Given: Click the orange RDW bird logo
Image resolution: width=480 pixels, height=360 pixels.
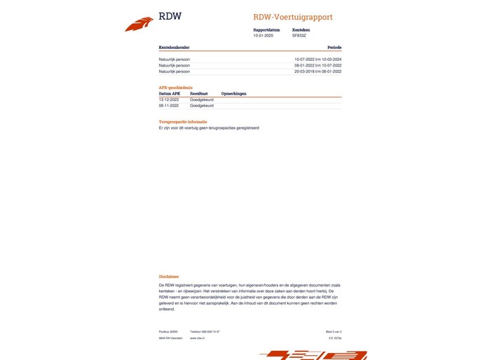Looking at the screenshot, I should tap(139, 25).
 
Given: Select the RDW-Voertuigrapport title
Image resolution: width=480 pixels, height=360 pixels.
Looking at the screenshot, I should tap(293, 17).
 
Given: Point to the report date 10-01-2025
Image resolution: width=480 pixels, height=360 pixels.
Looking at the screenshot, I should tap(263, 35).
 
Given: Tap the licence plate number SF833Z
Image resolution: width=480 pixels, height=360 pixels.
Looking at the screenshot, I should tap(299, 35).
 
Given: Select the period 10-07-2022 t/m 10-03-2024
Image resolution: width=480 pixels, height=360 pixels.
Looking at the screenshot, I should tap(317, 60).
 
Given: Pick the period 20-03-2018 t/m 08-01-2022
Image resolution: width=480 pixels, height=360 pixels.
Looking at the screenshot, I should tap(317, 71).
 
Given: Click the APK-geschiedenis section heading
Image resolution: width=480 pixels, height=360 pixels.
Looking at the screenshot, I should tap(176, 88).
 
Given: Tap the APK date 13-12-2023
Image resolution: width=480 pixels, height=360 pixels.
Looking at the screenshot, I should tap(170, 99).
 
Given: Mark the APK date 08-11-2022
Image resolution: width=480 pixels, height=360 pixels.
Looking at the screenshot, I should tap(170, 106).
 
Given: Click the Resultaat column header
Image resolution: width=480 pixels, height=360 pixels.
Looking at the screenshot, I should tap(199, 93).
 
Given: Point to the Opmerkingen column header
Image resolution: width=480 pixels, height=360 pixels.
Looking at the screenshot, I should tap(233, 93).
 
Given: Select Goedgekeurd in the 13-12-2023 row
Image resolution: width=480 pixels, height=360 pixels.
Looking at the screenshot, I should tap(202, 99).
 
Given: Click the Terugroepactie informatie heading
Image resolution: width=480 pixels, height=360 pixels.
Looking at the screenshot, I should tap(183, 122).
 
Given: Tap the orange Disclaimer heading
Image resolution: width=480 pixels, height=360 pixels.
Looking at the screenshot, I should tap(169, 277).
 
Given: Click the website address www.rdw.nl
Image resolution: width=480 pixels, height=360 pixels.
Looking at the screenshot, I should tap(196, 338).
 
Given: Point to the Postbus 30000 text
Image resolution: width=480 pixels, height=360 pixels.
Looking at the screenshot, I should tap(168, 331).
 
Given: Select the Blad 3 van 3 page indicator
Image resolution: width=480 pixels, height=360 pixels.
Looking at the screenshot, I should tap(334, 331).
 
